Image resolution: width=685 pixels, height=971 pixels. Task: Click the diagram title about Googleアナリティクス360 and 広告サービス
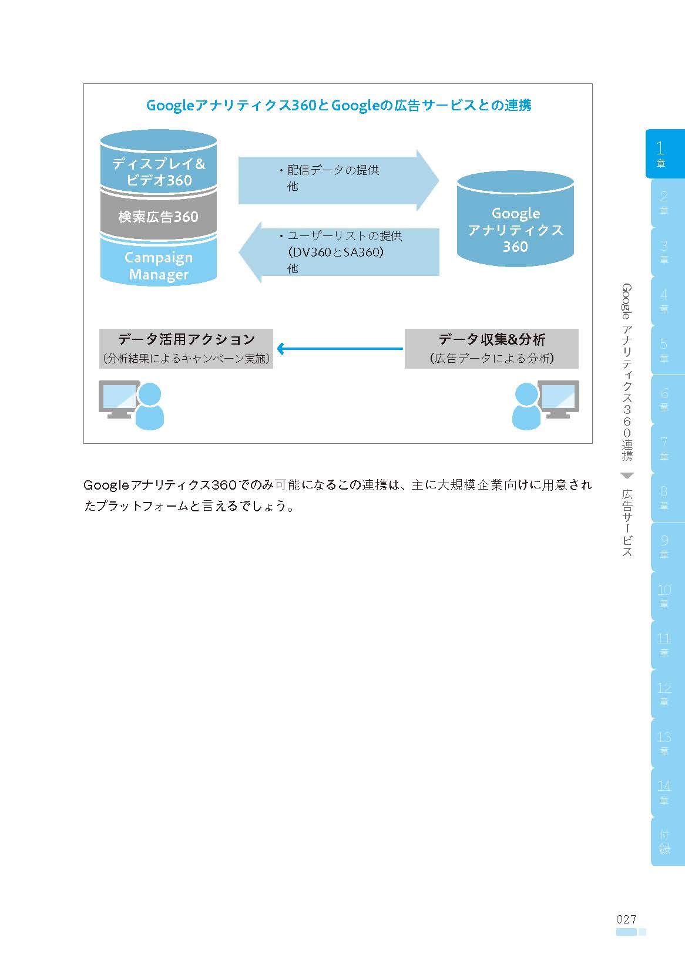pyautogui.click(x=338, y=105)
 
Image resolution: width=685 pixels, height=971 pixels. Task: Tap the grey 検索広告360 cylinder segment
pyautogui.click(x=159, y=215)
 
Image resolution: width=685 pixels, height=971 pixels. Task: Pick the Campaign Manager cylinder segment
pyautogui.click(x=159, y=262)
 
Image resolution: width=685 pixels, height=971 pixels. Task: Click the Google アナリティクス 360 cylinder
pyautogui.click(x=515, y=218)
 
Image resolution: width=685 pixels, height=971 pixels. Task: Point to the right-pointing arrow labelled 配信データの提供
pyautogui.click(x=338, y=180)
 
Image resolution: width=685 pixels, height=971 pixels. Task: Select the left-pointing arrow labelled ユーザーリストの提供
pyautogui.click(x=339, y=252)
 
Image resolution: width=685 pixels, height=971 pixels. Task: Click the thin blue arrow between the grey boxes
pyautogui.click(x=340, y=349)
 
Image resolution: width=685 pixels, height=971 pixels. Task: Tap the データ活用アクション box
pyautogui.click(x=186, y=349)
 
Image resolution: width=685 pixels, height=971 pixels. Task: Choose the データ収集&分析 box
pyautogui.click(x=492, y=349)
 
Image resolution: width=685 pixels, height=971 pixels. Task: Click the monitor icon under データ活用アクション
pyautogui.click(x=119, y=399)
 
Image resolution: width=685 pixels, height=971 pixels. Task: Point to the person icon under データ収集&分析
pyautogui.click(x=526, y=407)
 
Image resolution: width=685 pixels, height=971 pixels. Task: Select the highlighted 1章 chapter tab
pyautogui.click(x=664, y=154)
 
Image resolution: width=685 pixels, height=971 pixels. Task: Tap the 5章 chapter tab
pyautogui.click(x=667, y=350)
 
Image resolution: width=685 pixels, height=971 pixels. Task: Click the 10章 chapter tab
pyautogui.click(x=667, y=596)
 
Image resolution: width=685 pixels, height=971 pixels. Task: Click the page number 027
pyautogui.click(x=626, y=919)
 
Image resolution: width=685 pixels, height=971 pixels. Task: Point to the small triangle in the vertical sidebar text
pyautogui.click(x=627, y=476)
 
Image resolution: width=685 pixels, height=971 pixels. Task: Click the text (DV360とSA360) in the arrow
pyautogui.click(x=336, y=252)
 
